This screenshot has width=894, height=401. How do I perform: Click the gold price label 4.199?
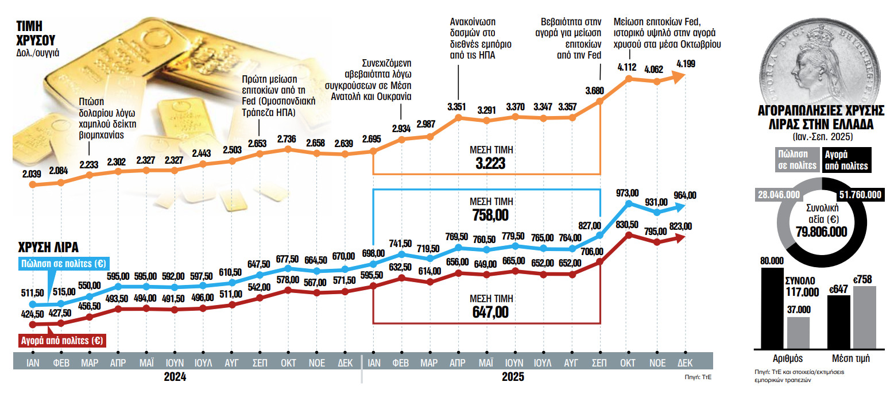[x=686, y=64]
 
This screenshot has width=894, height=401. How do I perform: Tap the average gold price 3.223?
[x=490, y=163]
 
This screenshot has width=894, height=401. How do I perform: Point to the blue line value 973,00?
[x=628, y=192]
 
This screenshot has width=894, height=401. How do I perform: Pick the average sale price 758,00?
[x=490, y=214]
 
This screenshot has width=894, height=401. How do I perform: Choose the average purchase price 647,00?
[x=490, y=312]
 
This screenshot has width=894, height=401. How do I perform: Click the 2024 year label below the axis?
[x=175, y=377]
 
